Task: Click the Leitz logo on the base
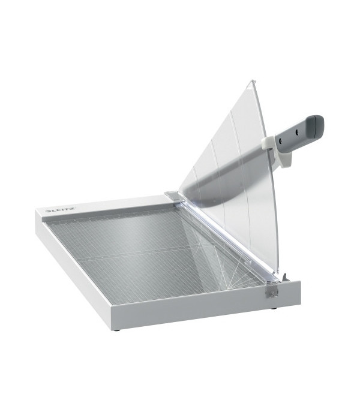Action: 61,210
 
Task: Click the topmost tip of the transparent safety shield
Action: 252,79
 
